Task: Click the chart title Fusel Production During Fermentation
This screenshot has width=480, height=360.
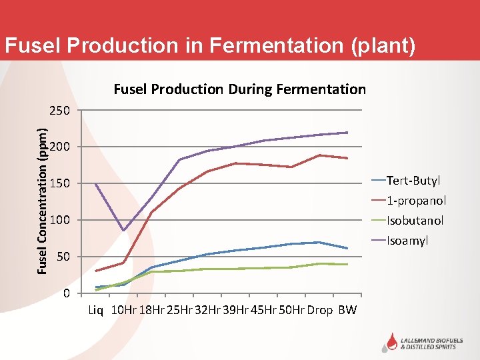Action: tap(239, 89)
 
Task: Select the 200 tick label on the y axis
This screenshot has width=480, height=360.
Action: tap(61, 147)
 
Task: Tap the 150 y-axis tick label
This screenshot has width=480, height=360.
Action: tap(61, 183)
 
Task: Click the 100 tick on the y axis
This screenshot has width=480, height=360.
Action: tap(61, 220)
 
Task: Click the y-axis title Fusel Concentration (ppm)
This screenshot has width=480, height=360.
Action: tap(42, 191)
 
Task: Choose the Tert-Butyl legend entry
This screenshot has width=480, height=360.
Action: tap(413, 181)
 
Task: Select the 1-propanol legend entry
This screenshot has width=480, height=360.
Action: tap(416, 201)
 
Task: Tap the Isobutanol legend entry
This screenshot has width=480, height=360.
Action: tap(415, 221)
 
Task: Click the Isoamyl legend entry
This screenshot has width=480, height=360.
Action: tap(407, 241)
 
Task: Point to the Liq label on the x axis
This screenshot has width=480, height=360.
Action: tap(96, 310)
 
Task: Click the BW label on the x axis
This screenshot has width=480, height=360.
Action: tap(347, 310)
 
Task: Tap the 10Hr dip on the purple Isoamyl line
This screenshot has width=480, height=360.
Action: tap(123, 231)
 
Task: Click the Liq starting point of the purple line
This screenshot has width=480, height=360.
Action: tap(96, 184)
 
